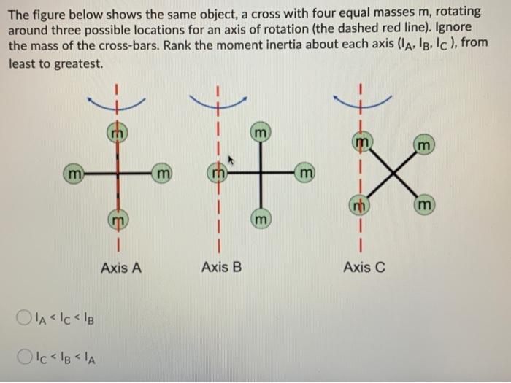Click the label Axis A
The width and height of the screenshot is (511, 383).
[121, 268]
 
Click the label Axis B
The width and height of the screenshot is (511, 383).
[220, 268]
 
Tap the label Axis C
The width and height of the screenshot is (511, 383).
[364, 268]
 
